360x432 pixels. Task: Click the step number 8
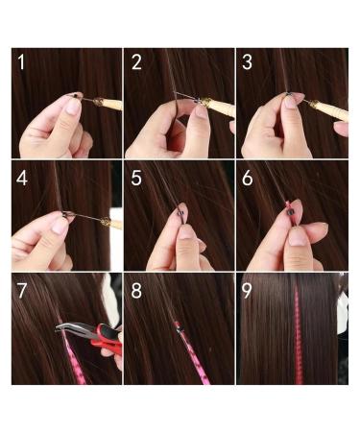[136, 291]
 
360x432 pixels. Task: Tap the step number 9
[249, 291]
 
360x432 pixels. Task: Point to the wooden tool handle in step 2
[220, 107]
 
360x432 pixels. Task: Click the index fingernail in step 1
[72, 107]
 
